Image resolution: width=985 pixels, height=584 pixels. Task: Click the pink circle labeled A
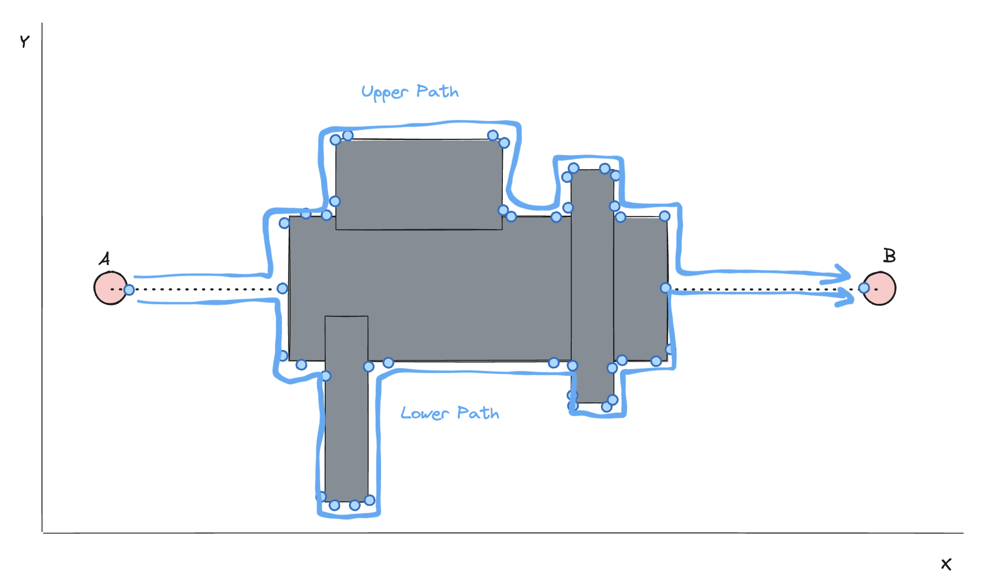pos(110,288)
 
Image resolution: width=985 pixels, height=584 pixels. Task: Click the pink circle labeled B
pos(880,289)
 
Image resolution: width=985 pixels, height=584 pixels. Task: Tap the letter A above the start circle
pos(104,259)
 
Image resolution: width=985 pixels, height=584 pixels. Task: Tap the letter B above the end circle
pos(889,255)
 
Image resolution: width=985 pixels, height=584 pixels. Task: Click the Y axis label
pos(24,42)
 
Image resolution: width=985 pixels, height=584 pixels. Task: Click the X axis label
pos(946,564)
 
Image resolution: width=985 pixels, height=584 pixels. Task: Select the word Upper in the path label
pos(385,93)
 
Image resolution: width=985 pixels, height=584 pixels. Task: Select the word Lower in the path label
pos(424,413)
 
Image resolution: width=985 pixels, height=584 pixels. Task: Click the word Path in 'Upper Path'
pos(438,91)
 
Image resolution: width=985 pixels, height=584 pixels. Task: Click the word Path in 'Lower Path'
pos(478,413)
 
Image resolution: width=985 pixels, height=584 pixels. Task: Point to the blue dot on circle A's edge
pos(129,290)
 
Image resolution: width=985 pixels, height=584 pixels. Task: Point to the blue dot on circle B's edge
pos(864,288)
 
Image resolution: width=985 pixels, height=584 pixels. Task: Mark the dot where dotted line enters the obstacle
pos(282,289)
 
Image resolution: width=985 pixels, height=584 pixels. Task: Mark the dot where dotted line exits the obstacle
pos(666,288)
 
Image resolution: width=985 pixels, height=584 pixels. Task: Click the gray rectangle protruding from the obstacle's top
pos(419,184)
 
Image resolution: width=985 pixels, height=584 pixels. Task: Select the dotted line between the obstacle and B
pos(765,289)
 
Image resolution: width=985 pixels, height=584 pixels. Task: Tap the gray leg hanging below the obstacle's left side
pos(346,409)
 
